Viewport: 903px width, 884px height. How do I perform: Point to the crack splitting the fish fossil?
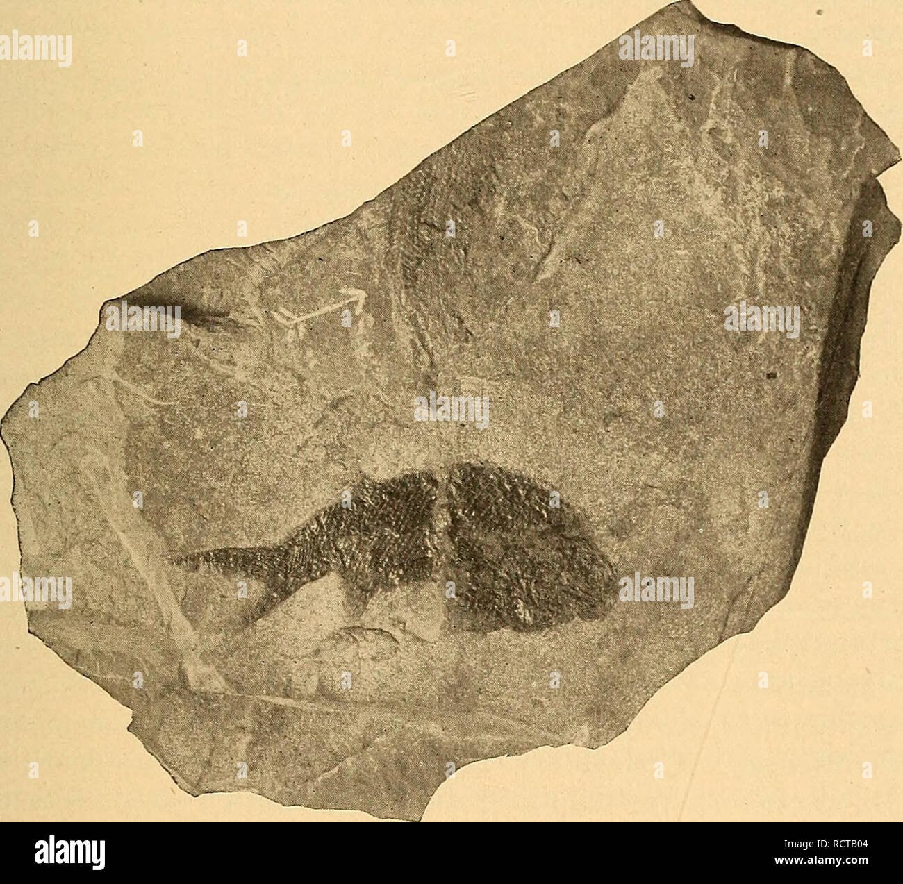point(442,528)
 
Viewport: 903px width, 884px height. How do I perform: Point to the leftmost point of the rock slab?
point(3,431)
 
